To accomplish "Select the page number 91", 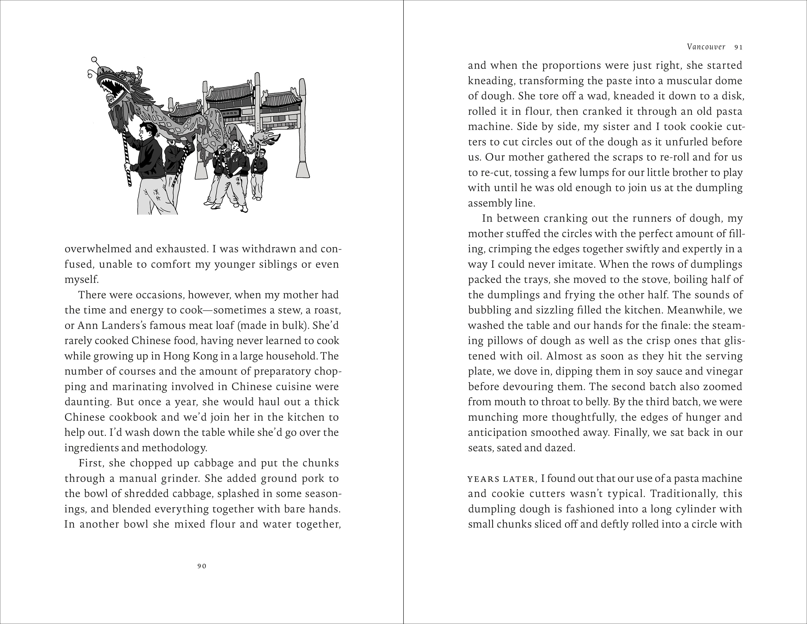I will pyautogui.click(x=739, y=47).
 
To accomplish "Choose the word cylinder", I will pyautogui.click(x=687, y=509).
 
